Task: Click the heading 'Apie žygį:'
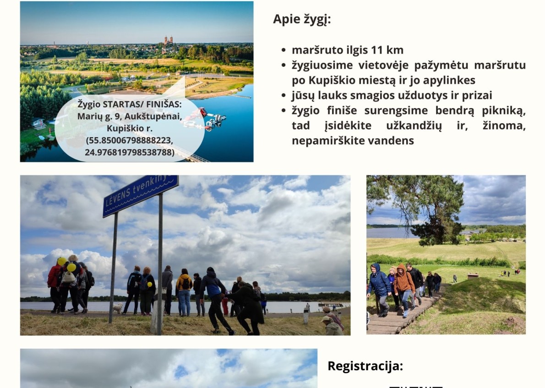pos(302,20)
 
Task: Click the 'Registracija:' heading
pos(365,366)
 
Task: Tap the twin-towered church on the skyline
pos(169,41)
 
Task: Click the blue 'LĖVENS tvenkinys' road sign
pos(141,195)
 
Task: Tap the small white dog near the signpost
pos(118,308)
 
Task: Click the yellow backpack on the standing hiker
pos(185,282)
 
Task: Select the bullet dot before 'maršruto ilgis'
pos(284,50)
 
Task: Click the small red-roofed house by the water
pos(38,123)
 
